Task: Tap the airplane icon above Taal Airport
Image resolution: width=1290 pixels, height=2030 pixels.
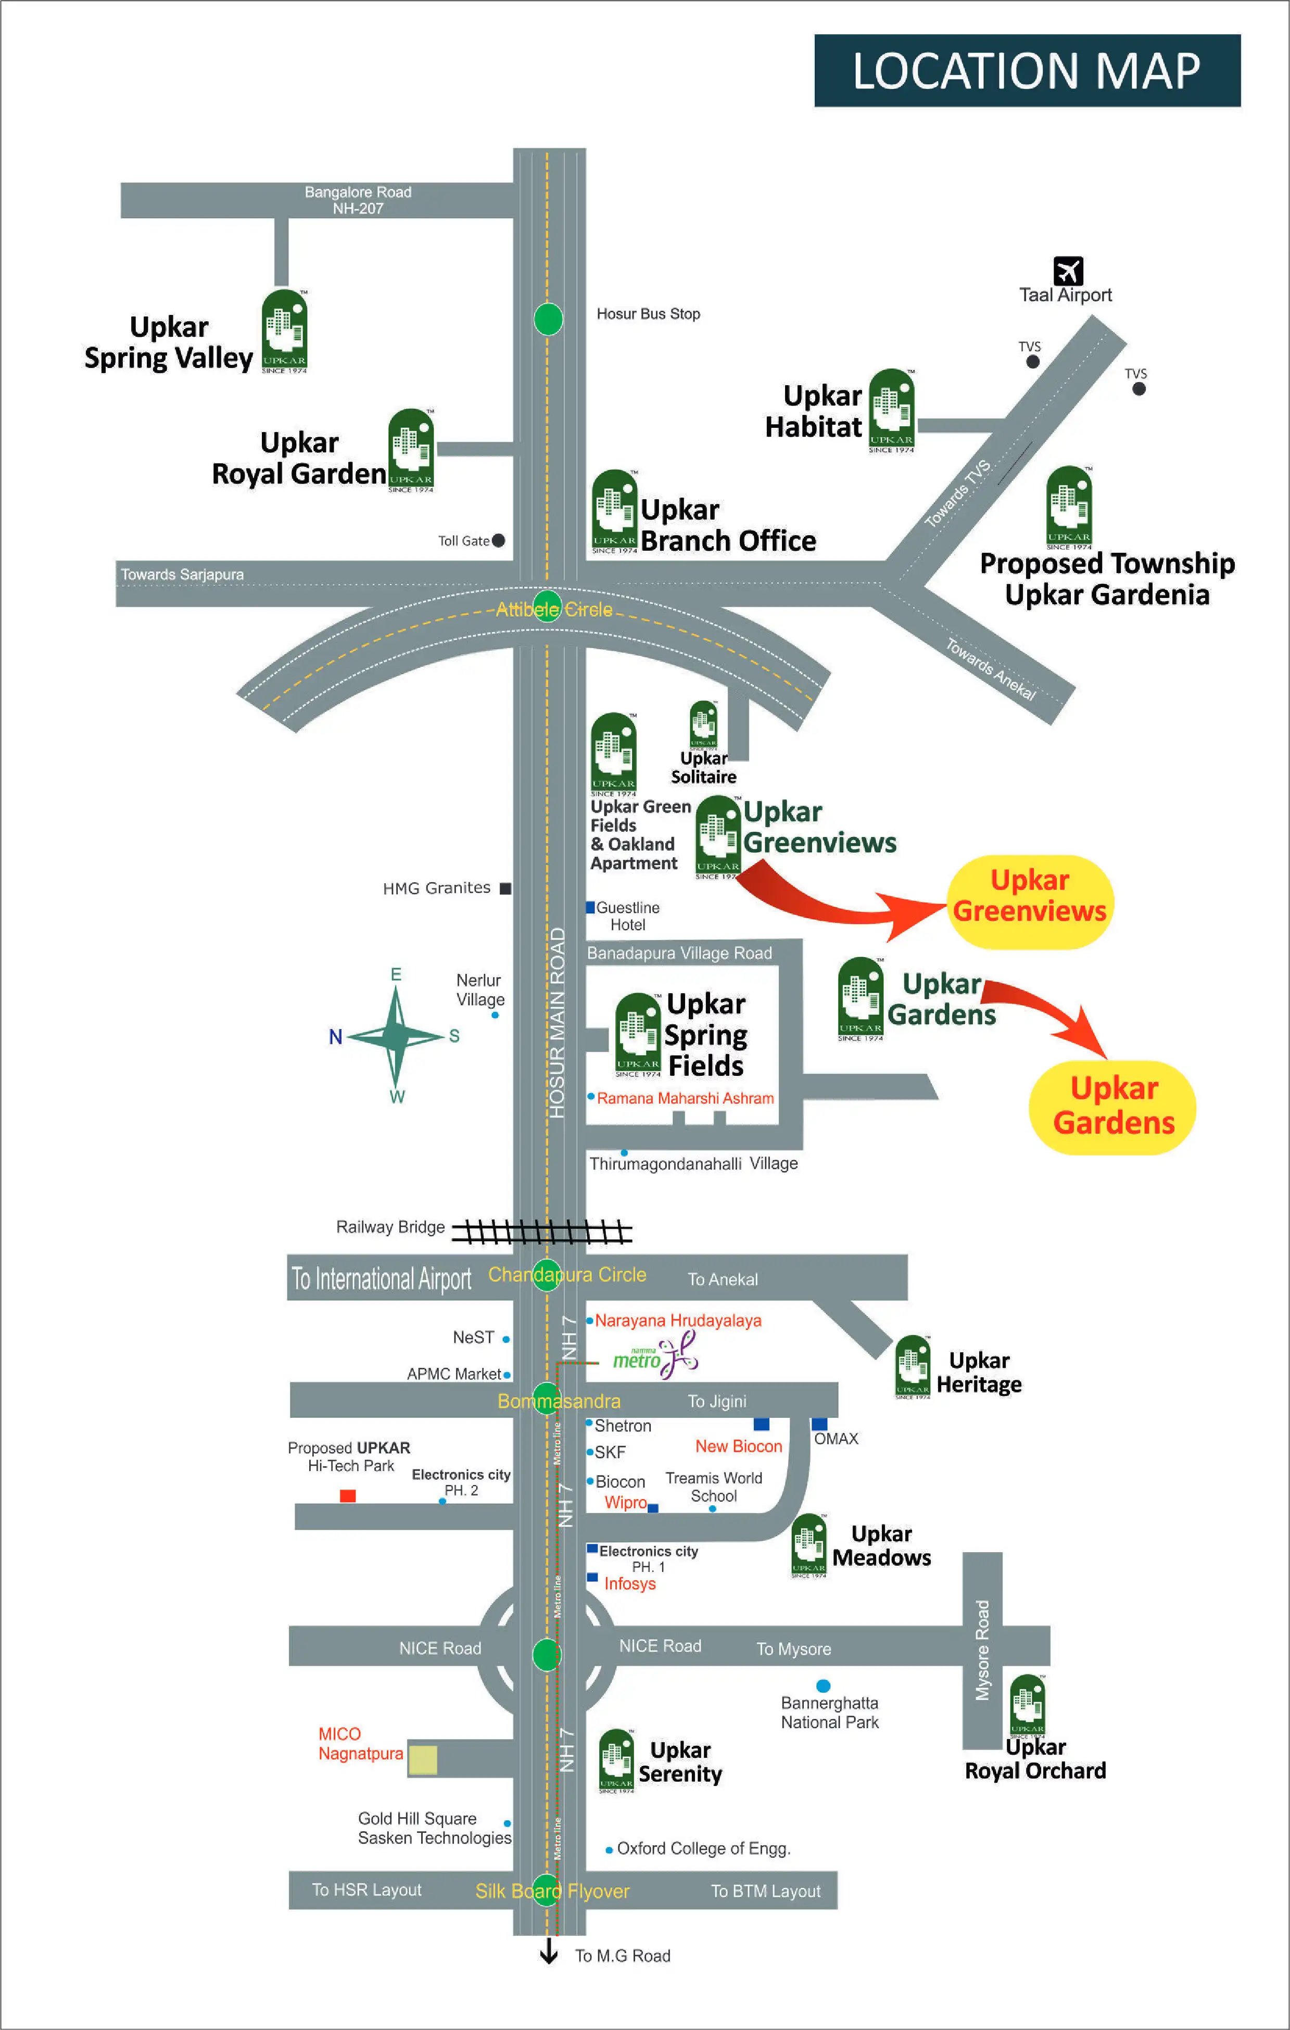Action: coord(1067,271)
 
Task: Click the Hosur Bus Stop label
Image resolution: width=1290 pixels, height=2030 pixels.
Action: coord(648,313)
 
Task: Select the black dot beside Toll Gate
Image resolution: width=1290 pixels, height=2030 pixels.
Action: coord(498,540)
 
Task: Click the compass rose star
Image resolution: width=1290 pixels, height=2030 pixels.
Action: coord(396,1035)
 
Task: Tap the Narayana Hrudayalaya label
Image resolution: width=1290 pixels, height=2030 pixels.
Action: coord(677,1320)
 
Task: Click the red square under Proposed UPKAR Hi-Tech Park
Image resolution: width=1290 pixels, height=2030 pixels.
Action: coord(347,1495)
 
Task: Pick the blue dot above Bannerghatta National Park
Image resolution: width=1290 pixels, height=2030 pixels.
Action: coord(823,1685)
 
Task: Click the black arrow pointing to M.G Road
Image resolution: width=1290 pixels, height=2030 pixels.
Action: coord(549,1951)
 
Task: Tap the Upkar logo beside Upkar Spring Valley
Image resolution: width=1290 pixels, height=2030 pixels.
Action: coord(284,331)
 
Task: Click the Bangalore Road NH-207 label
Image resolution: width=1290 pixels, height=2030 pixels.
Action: coord(358,200)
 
